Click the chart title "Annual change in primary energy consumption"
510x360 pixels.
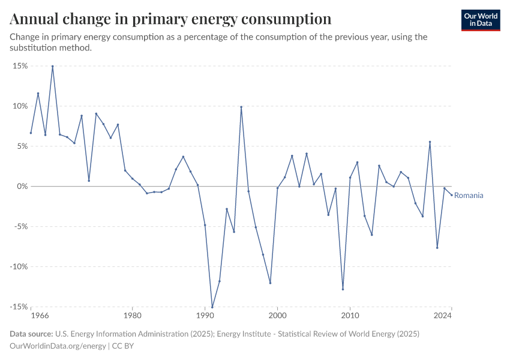170,19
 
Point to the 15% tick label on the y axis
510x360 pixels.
20,66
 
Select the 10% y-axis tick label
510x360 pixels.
20,106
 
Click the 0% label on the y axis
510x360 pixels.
22,187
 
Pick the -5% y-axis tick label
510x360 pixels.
20,227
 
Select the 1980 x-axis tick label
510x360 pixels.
132,315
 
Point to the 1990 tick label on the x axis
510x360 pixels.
205,315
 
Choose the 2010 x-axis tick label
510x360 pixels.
350,315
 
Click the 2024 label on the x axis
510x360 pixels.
443,315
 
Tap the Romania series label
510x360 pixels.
469,196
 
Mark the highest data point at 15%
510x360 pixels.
53,67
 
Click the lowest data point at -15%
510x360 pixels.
212,307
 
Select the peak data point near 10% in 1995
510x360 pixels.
241,107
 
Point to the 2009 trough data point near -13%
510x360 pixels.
343,289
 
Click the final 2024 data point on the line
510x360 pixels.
451,195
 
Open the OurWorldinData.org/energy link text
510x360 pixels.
58,346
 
